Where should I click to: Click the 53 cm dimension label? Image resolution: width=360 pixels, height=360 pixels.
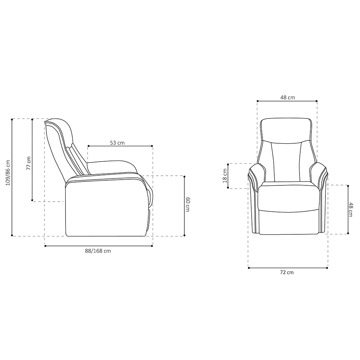(x=117, y=143)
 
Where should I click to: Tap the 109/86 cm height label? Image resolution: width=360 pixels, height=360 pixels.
(x=8, y=173)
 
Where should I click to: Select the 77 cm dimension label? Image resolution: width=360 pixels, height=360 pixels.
(x=28, y=163)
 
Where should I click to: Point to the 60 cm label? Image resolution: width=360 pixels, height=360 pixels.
(x=188, y=204)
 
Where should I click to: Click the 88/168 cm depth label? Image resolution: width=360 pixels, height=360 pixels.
(x=98, y=251)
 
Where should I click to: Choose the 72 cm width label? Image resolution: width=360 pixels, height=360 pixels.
(x=287, y=273)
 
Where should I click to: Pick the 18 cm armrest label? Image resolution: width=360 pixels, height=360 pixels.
(x=225, y=176)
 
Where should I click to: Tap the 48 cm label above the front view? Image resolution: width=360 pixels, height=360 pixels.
(x=287, y=97)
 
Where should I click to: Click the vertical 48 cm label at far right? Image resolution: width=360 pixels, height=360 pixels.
(x=351, y=210)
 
